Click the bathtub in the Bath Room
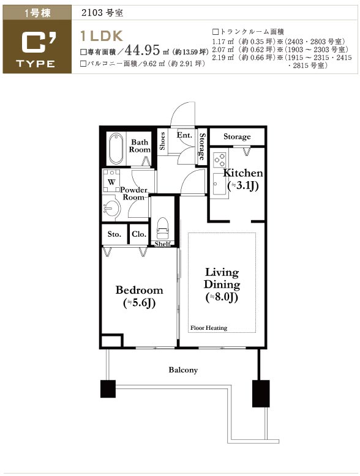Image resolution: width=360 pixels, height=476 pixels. pos(116,149)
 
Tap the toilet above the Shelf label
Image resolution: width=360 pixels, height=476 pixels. pos(162,228)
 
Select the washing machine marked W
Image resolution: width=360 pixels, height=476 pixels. pos(111,181)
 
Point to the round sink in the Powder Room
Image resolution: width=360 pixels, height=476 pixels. pos(111,208)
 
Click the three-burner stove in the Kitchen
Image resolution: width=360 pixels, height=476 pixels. pos(219,160)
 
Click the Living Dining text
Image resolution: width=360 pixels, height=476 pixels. pos(222,278)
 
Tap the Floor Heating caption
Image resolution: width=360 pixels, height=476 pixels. pos(209,328)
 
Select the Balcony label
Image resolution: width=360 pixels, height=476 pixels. pos(183,370)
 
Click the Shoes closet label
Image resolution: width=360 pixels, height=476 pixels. pos(162,141)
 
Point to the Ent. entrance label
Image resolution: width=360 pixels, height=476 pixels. pos(185,135)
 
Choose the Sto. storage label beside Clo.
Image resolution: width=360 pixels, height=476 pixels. pos(114,234)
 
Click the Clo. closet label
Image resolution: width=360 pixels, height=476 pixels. pos(139,234)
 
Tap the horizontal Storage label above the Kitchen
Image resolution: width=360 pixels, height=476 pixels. pos(237,136)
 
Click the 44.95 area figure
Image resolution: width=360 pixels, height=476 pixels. pos(142,50)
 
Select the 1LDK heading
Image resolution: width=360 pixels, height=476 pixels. pos(102,36)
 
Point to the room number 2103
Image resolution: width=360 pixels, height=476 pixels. pos(92,13)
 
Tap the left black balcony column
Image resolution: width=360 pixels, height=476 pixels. pos(108,389)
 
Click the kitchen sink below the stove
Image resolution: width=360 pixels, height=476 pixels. pos(219,184)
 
